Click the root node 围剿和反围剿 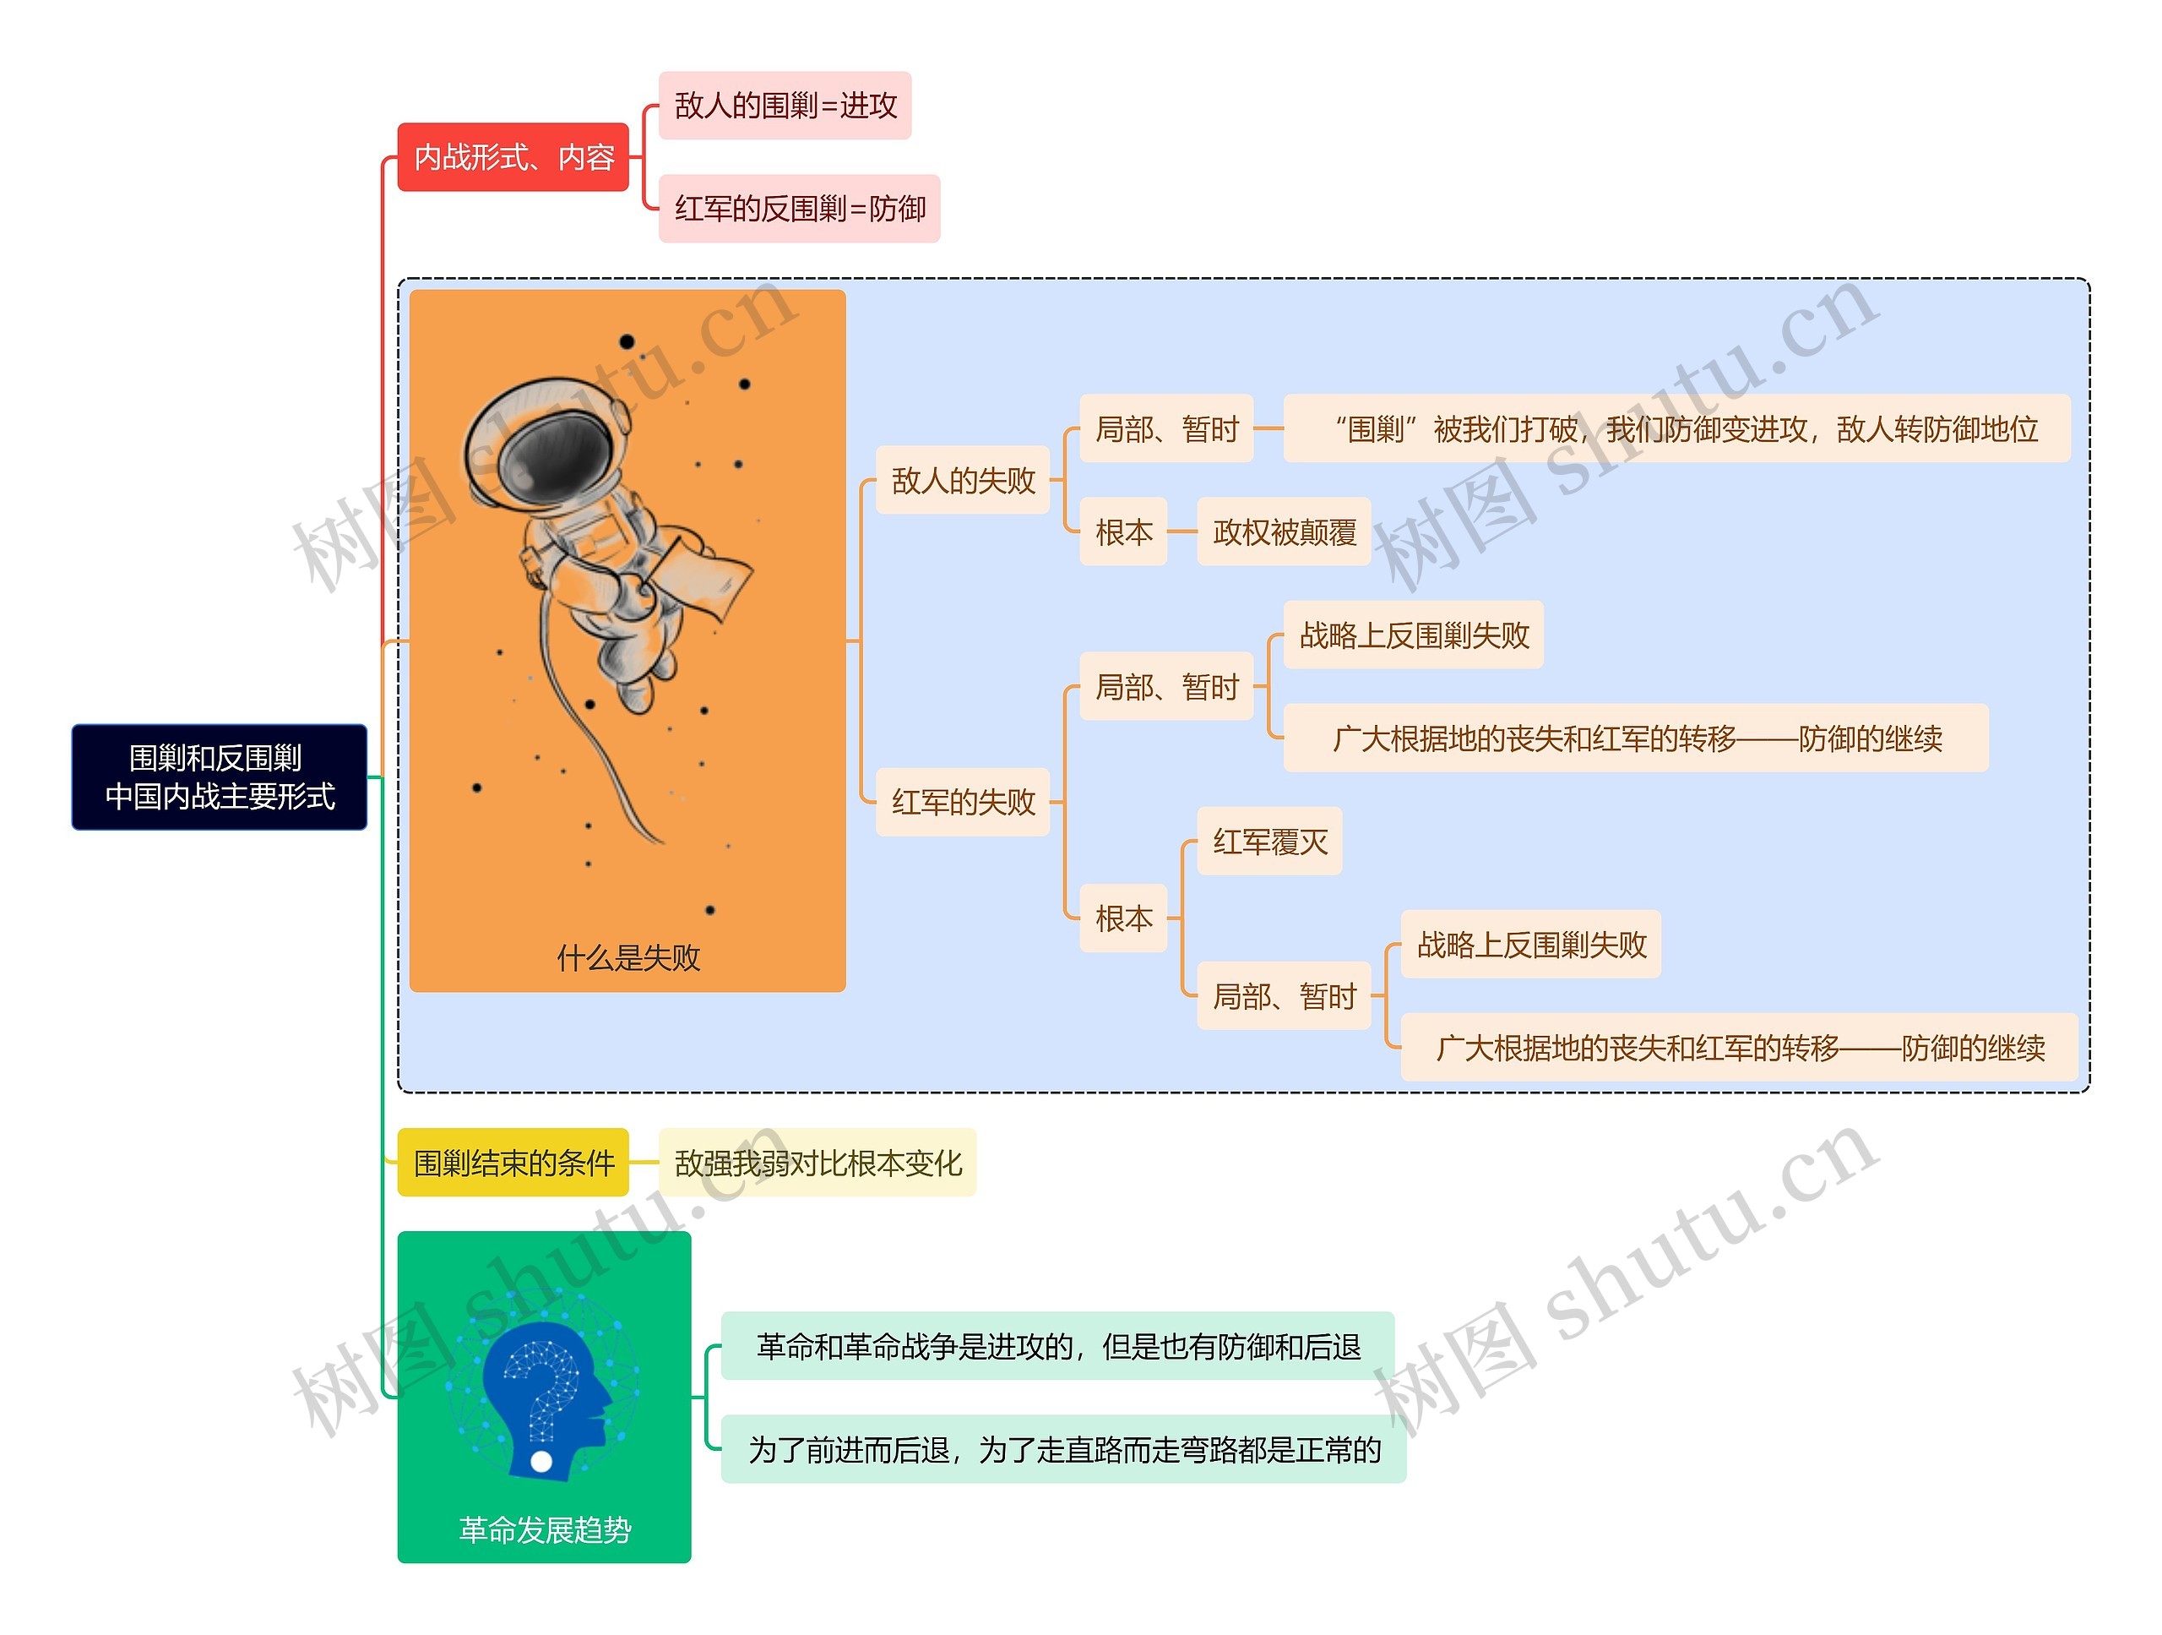click(x=219, y=777)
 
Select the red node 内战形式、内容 click(x=513, y=156)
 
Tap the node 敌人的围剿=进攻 click(x=785, y=105)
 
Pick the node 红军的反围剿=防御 click(x=800, y=209)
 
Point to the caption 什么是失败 click(x=628, y=957)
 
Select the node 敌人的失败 click(x=963, y=480)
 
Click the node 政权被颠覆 click(x=1285, y=532)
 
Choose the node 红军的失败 click(x=963, y=802)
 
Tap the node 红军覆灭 click(x=1269, y=841)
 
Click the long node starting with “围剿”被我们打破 click(x=1676, y=428)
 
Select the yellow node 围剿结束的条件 click(x=513, y=1163)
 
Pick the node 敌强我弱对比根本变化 click(x=818, y=1163)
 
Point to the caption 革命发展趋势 click(x=545, y=1529)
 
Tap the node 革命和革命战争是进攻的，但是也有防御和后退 click(x=1057, y=1347)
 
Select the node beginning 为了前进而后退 click(x=1063, y=1449)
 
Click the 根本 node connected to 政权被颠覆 click(x=1123, y=532)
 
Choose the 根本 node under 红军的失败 click(x=1123, y=918)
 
